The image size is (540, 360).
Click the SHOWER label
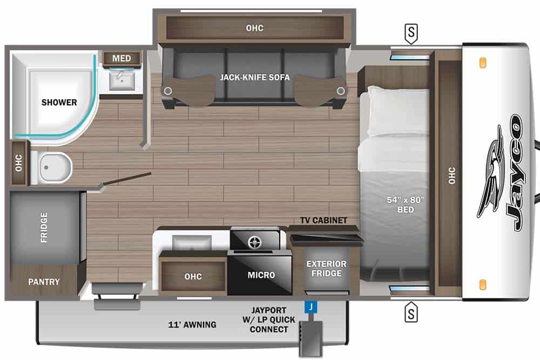click(59, 102)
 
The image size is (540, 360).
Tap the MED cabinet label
click(122, 58)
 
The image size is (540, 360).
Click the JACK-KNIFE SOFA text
click(254, 77)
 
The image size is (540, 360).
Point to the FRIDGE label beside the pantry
click(44, 227)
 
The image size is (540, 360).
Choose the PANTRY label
click(44, 282)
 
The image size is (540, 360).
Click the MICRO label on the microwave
click(261, 275)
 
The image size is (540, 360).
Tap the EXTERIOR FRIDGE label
click(326, 268)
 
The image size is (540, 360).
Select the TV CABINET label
click(324, 220)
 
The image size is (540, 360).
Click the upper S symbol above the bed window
click(411, 34)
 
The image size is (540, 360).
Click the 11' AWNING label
click(192, 324)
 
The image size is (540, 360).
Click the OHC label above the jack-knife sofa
click(254, 28)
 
